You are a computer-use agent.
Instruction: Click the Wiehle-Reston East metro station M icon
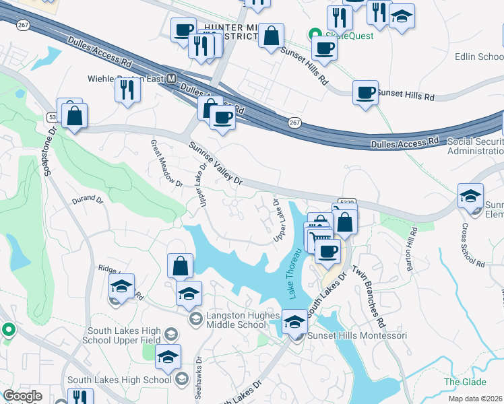171,79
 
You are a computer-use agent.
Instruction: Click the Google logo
22,395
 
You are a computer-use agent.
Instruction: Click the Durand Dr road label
88,199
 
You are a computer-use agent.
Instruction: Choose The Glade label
460,382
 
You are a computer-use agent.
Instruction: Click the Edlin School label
479,57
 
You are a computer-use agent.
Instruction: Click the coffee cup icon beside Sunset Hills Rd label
366,92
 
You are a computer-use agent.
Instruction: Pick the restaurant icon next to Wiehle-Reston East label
127,90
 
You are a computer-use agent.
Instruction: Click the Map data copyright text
476,399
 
